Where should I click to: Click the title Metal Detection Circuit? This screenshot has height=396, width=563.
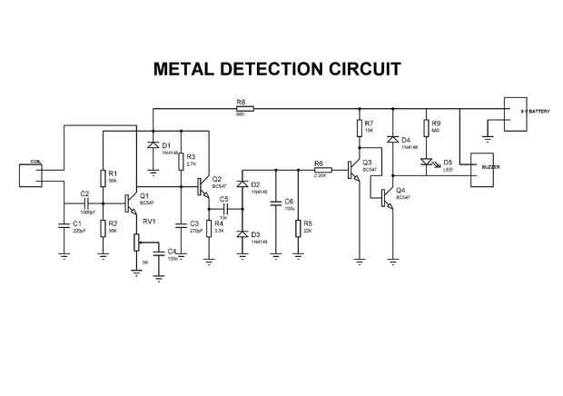pyautogui.click(x=277, y=70)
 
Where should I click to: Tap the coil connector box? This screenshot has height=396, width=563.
pyautogui.click(x=35, y=173)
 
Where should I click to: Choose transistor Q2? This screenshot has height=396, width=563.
pyautogui.click(x=203, y=184)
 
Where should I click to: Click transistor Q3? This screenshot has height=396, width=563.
pyautogui.click(x=353, y=169)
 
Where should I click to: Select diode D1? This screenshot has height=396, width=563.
pyautogui.click(x=151, y=145)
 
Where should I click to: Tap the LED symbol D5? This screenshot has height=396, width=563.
pyautogui.click(x=425, y=163)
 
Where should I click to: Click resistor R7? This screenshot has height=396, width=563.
pyautogui.click(x=358, y=127)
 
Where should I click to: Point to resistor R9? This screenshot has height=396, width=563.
pyautogui.click(x=425, y=127)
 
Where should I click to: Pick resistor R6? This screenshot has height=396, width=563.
pyautogui.click(x=320, y=170)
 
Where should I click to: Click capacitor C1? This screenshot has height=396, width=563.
pyautogui.click(x=64, y=223)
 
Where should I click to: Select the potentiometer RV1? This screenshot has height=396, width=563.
pyautogui.click(x=137, y=241)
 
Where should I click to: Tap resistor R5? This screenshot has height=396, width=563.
pyautogui.click(x=298, y=226)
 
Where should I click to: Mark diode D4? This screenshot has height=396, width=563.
pyautogui.click(x=391, y=140)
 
